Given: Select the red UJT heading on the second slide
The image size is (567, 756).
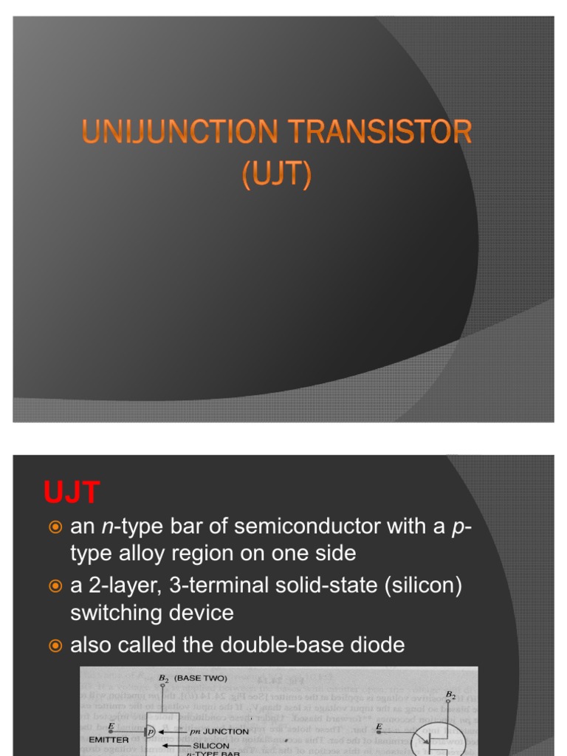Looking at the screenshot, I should click(71, 492).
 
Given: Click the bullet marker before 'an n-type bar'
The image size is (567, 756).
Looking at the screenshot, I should click(54, 527).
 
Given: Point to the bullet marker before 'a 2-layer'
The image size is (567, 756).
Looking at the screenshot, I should click(54, 586).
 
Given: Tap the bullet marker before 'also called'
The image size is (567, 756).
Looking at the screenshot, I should click(54, 646).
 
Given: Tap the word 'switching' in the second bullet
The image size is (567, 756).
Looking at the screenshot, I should click(116, 613).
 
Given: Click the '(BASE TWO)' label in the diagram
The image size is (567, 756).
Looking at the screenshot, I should click(201, 677).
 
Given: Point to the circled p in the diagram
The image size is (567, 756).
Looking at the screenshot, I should click(151, 731).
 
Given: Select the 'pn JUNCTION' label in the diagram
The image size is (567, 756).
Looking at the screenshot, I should click(219, 732).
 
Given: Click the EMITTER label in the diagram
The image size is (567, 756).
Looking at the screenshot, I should click(109, 739).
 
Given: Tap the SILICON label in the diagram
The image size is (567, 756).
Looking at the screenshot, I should click(211, 746).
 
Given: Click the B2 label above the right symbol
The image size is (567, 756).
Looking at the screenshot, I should click(451, 695).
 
